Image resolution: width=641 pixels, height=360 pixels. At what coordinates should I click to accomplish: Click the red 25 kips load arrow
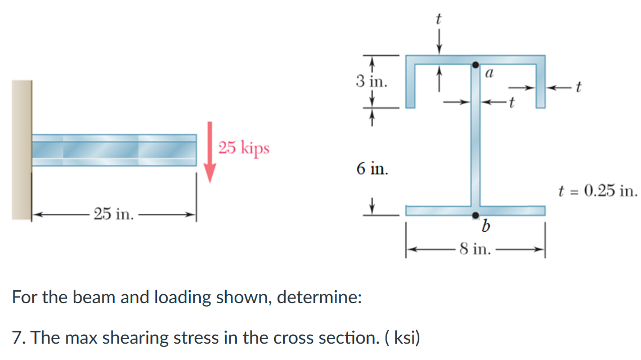click(x=210, y=152)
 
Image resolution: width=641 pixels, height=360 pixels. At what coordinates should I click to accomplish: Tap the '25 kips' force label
click(x=244, y=148)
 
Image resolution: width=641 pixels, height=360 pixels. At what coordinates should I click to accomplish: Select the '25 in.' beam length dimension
click(x=114, y=214)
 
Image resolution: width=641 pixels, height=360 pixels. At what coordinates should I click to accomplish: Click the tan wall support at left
click(x=21, y=149)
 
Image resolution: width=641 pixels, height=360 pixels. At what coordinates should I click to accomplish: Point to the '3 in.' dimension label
click(x=371, y=82)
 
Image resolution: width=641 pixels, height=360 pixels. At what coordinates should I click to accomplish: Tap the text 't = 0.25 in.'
click(x=598, y=191)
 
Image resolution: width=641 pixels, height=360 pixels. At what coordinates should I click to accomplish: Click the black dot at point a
click(x=476, y=65)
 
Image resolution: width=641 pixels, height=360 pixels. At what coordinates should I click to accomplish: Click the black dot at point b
click(x=476, y=215)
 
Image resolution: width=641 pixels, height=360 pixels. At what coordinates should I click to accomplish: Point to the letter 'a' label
click(x=488, y=73)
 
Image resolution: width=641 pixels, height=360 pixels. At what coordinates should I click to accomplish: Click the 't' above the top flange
click(x=439, y=19)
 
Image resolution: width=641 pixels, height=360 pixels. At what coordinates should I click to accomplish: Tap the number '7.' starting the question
click(x=19, y=337)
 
